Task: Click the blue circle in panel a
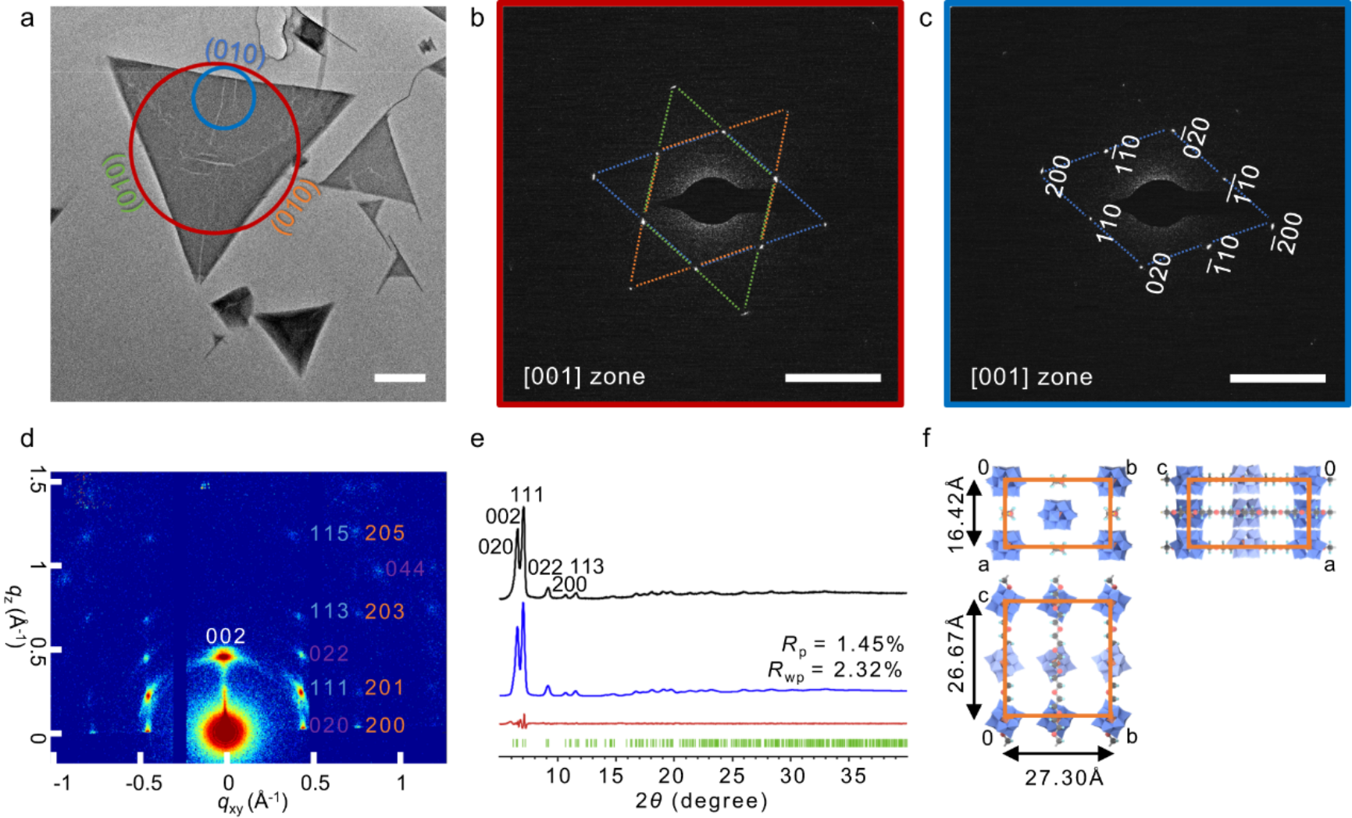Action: click(223, 97)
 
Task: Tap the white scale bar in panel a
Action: click(400, 378)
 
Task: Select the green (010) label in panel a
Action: click(122, 181)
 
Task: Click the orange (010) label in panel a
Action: click(297, 206)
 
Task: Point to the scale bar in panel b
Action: click(833, 378)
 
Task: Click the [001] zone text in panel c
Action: click(1031, 377)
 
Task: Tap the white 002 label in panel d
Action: click(226, 637)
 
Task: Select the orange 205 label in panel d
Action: click(385, 534)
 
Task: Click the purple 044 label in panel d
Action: click(405, 569)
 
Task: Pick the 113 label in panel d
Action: click(329, 611)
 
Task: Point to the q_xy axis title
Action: click(252, 802)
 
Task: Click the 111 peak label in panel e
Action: click(527, 495)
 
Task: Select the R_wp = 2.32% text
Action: click(835, 670)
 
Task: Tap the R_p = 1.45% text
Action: click(843, 645)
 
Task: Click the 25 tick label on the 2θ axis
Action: click(731, 776)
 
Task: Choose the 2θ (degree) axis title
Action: click(701, 801)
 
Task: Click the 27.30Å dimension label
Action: click(1064, 778)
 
